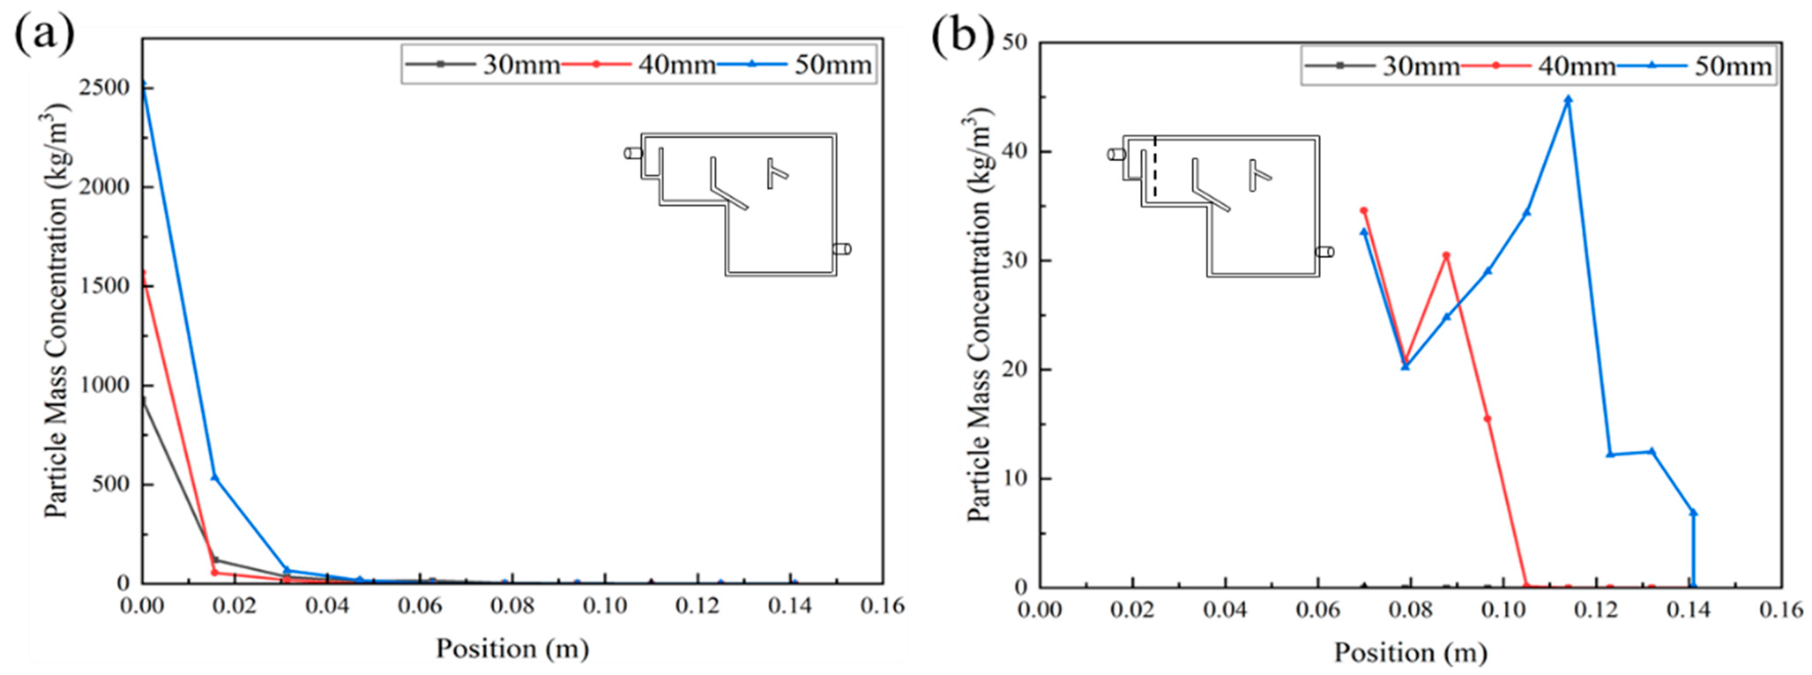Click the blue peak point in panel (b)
[1568, 100]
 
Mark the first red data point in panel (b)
[1364, 210]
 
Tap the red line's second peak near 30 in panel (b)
[1446, 256]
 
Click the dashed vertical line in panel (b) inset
[1155, 167]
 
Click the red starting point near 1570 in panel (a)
[144, 273]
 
